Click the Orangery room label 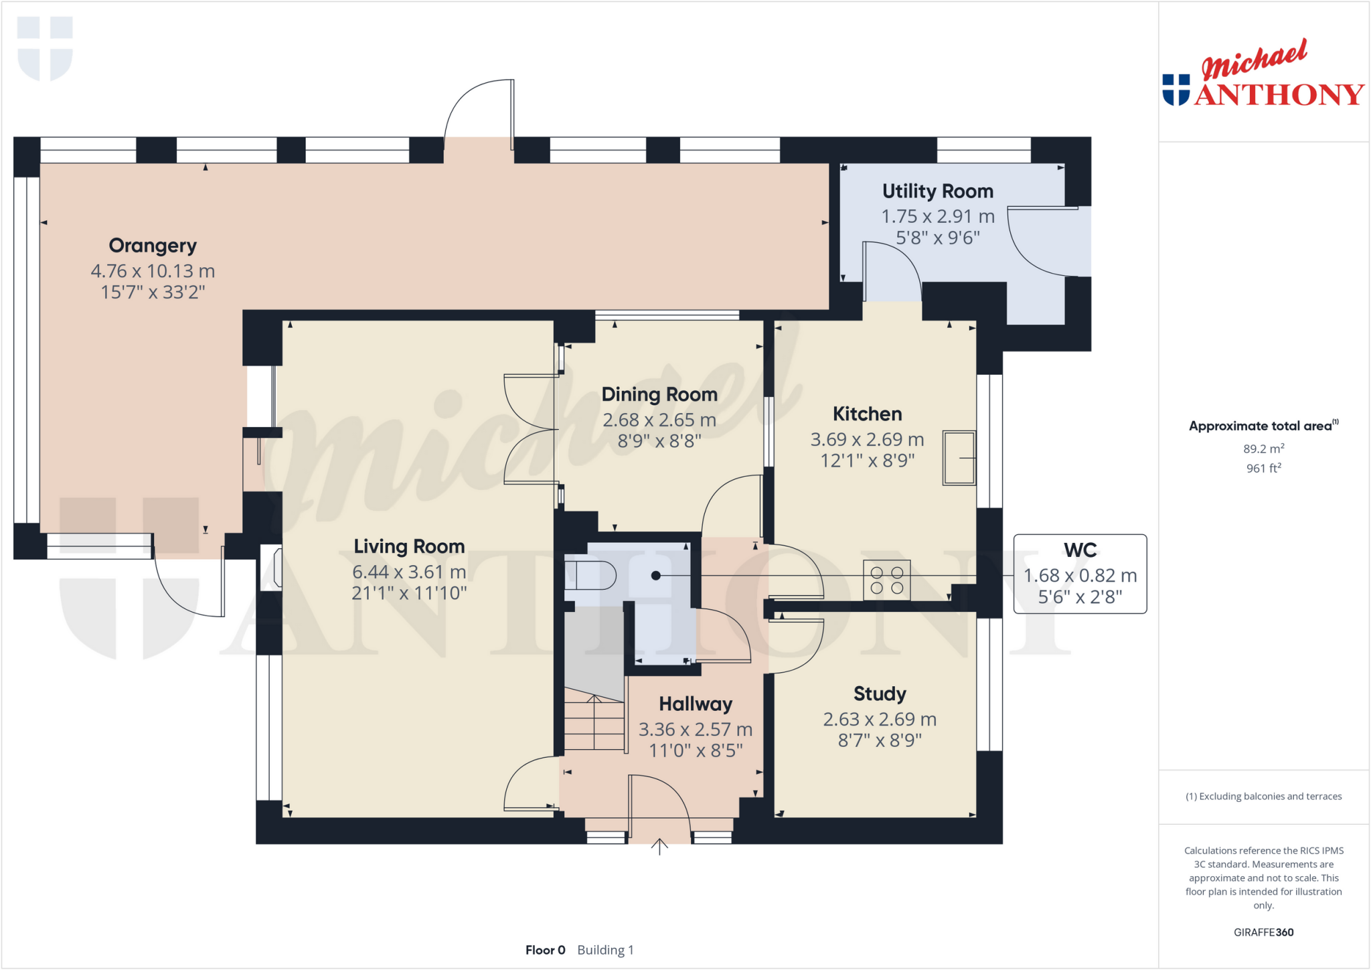153,246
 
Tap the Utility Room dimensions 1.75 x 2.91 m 937,216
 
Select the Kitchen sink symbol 959,458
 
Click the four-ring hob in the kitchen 886,580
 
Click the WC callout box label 1080,550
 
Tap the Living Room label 409,546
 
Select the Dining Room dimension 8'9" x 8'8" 659,441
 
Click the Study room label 880,694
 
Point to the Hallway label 696,704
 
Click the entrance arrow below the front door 659,847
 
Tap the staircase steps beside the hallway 594,723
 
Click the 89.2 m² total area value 1263,449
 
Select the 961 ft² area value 1263,468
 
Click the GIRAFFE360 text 1263,932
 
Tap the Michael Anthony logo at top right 1263,75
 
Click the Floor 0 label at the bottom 545,950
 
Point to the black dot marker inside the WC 656,576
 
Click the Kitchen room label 867,414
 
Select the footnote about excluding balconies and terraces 1263,796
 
